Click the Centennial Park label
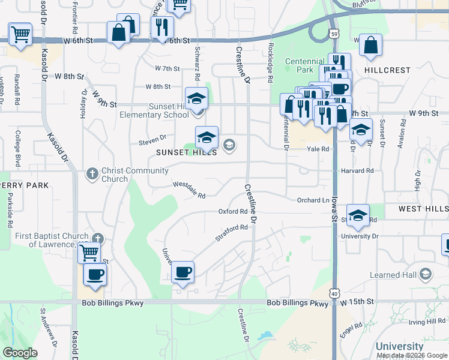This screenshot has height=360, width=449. (x=304, y=66)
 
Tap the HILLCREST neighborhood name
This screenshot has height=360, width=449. (x=387, y=70)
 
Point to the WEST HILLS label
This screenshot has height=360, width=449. (x=424, y=209)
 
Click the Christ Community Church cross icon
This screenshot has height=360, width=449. (x=92, y=174)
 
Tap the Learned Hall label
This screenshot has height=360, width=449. (x=394, y=274)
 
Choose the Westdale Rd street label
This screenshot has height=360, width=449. (x=189, y=190)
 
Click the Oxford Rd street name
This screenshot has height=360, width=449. (x=233, y=212)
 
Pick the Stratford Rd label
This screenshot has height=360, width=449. (x=232, y=233)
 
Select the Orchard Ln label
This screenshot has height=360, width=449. (x=313, y=200)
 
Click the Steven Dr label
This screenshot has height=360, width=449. (x=152, y=142)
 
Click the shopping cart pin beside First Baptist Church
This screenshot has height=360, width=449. (x=89, y=252)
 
